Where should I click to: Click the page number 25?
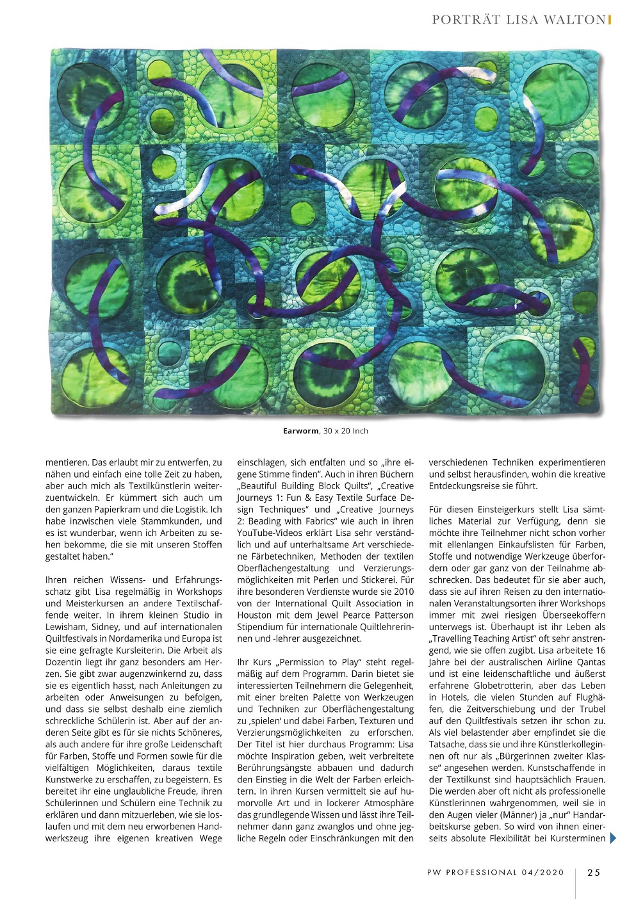(x=593, y=872)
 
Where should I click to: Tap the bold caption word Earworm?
(x=300, y=431)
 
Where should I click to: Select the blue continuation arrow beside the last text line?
(x=613, y=838)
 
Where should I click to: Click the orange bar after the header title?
(x=609, y=20)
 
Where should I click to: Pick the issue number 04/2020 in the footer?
(x=543, y=872)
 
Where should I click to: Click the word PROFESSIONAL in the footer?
(x=482, y=872)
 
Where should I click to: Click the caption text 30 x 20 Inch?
(x=345, y=431)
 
